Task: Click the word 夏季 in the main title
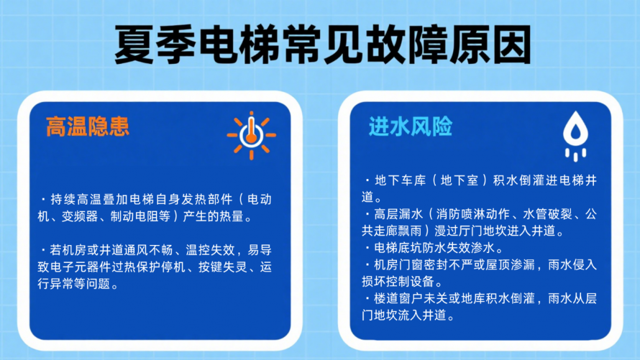(156, 45)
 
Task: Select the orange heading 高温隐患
(88, 126)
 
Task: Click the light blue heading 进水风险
(411, 126)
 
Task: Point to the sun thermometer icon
(252, 136)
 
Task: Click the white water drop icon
(575, 136)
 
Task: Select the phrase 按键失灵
(223, 267)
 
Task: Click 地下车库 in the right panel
(400, 180)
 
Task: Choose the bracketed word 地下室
(460, 180)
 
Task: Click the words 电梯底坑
(399, 247)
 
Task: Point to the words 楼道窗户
(399, 298)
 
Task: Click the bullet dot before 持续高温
(43, 200)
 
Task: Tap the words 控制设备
(411, 282)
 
